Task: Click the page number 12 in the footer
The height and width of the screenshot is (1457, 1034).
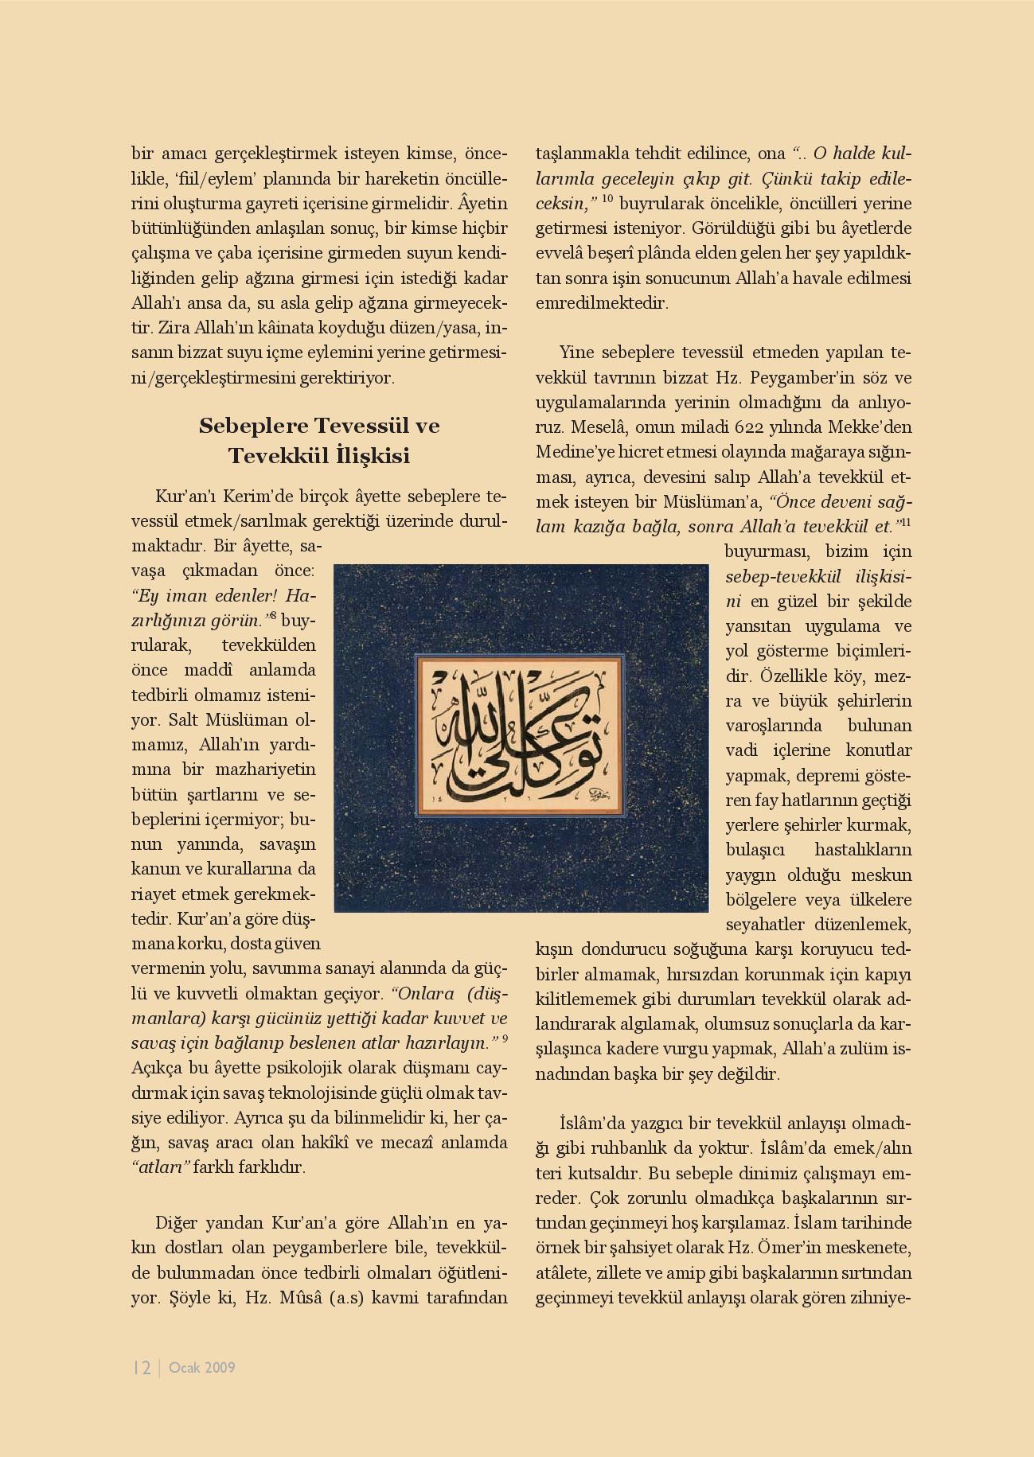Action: [x=142, y=1368]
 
